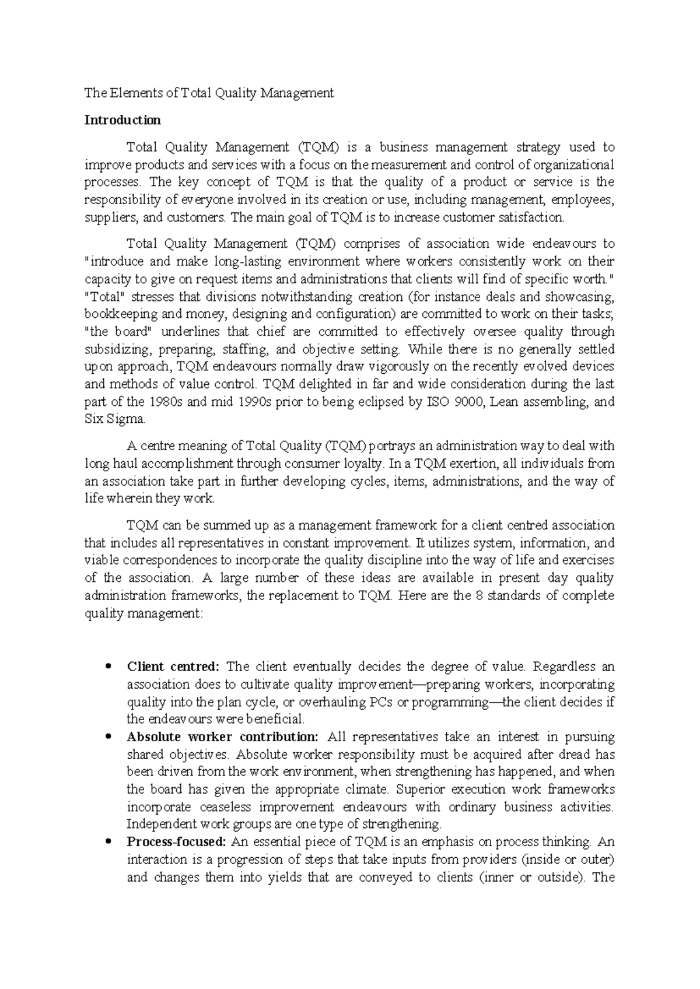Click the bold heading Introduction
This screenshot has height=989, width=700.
click(x=123, y=120)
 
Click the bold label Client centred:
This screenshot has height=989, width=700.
click(x=173, y=666)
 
